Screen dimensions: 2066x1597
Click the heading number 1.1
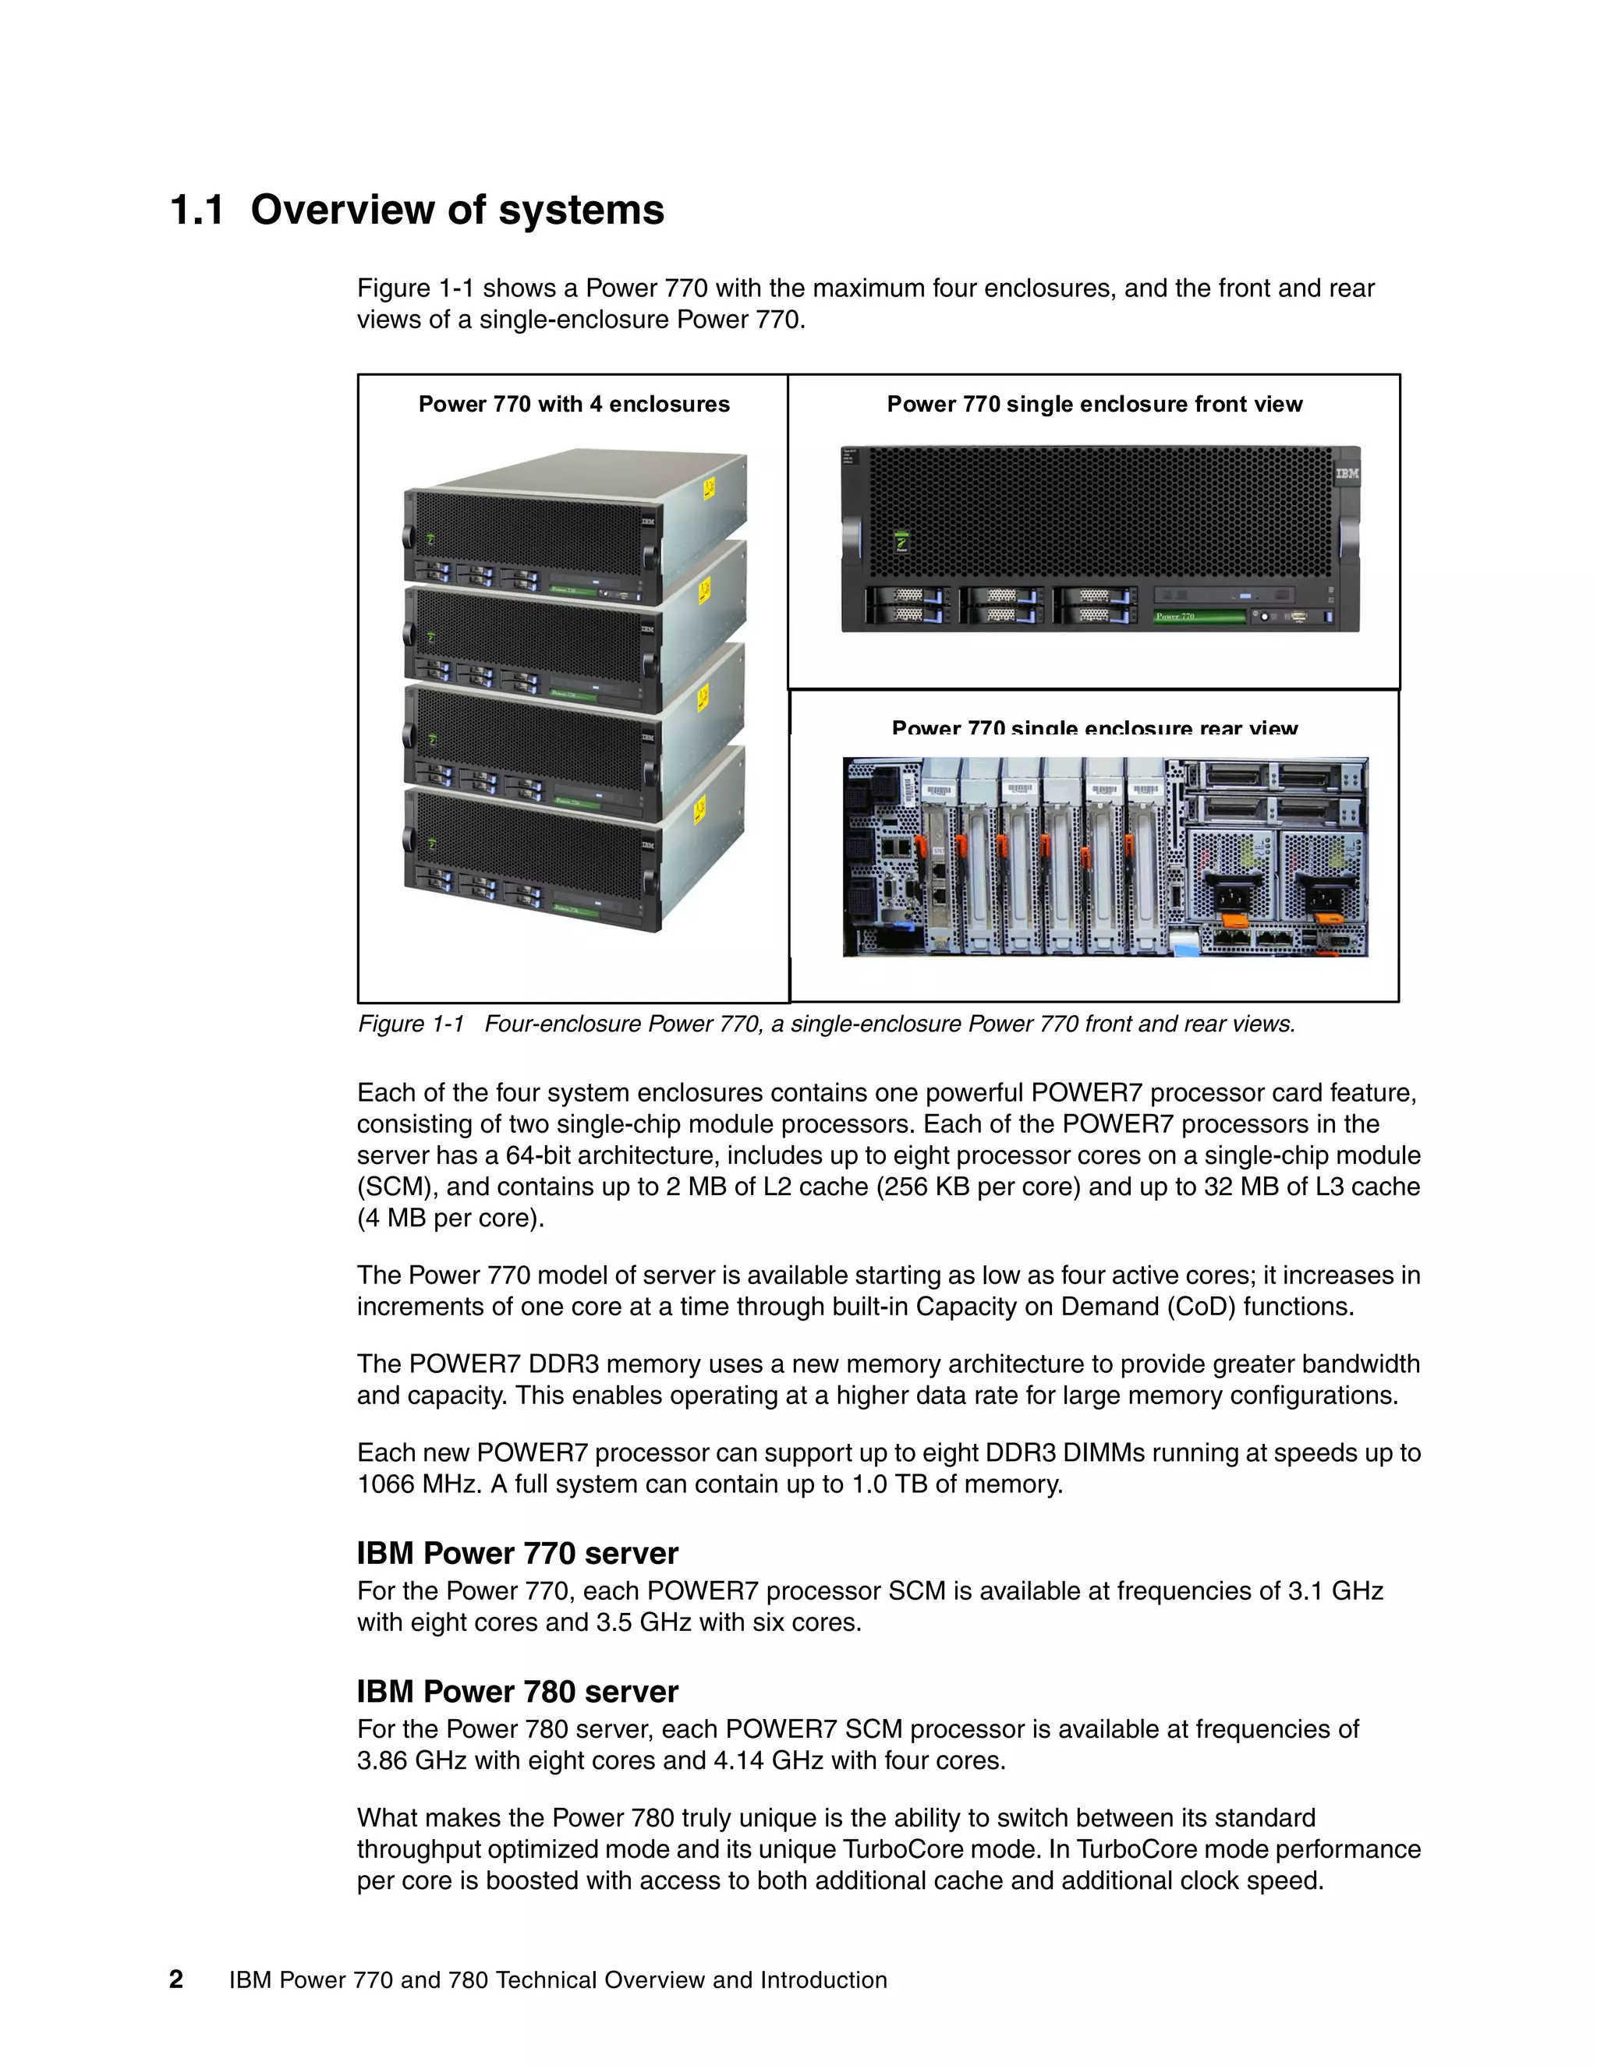pyautogui.click(x=197, y=210)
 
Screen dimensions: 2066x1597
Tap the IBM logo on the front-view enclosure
pyautogui.click(x=1346, y=473)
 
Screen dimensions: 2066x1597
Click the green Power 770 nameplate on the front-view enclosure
pyautogui.click(x=1199, y=617)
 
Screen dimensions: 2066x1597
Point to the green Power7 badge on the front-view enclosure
pyautogui.click(x=901, y=542)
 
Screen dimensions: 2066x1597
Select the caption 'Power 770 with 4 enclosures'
pyautogui.click(x=573, y=405)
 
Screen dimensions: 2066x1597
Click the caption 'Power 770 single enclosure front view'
pyautogui.click(x=1094, y=405)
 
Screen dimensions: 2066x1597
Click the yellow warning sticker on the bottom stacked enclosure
pyautogui.click(x=700, y=810)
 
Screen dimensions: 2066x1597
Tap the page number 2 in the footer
pyautogui.click(x=176, y=1979)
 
